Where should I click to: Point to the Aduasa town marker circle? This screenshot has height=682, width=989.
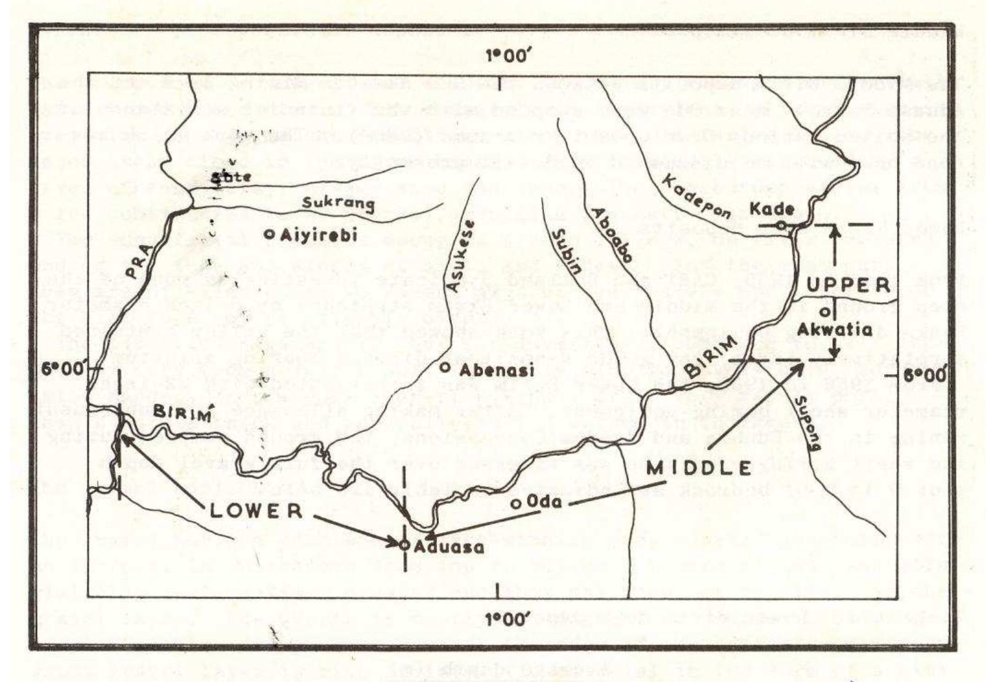tap(404, 544)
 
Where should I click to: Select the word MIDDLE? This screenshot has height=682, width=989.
tap(700, 468)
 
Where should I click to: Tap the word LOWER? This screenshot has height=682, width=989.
tap(256, 511)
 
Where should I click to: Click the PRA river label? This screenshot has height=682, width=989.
tap(140, 257)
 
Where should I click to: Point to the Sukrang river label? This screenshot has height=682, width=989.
tap(339, 203)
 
